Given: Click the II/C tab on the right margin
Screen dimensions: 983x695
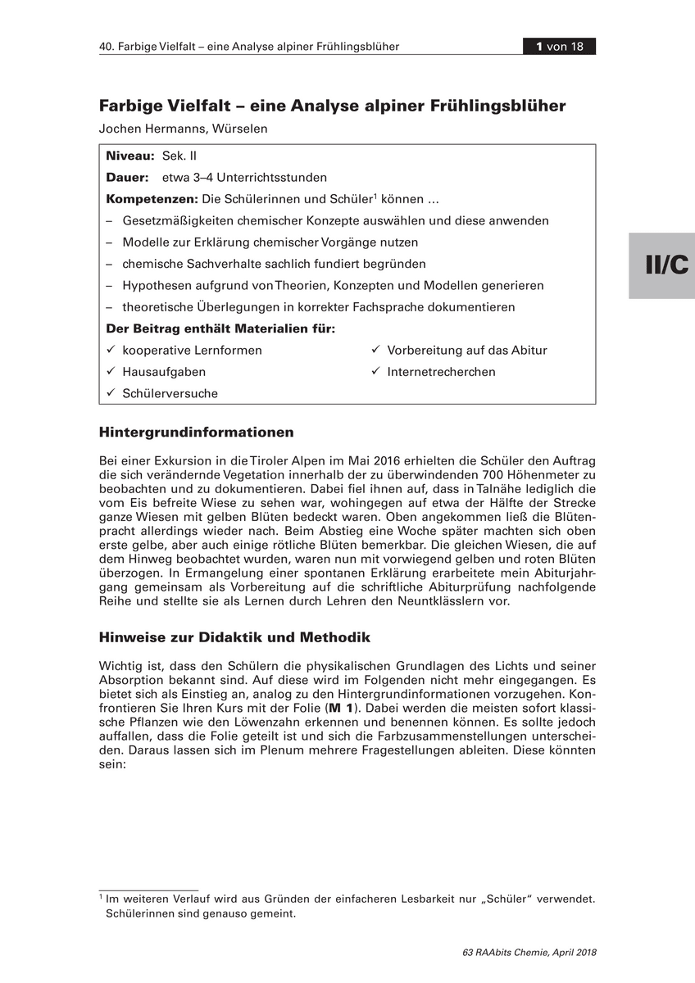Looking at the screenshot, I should coord(661,265).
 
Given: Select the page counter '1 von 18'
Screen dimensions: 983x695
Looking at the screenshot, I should coord(560,47).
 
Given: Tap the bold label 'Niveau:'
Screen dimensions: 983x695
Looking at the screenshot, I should coord(130,156).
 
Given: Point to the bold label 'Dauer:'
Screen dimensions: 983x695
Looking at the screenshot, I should coord(127,177).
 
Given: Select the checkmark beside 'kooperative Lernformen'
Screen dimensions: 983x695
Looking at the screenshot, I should coord(111,350).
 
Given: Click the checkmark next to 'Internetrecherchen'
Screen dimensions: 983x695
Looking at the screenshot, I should coord(375,371).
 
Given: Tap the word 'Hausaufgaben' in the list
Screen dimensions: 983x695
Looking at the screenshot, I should coord(164,372).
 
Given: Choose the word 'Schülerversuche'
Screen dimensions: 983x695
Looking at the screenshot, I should coord(170,393).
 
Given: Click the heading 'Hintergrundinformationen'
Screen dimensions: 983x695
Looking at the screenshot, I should coord(196,432).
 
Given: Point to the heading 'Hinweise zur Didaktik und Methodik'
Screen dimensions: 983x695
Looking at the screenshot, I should coord(234,636).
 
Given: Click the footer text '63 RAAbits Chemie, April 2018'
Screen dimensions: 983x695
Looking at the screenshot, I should coord(529,953).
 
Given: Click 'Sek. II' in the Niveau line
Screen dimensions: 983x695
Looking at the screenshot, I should coord(179,156).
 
